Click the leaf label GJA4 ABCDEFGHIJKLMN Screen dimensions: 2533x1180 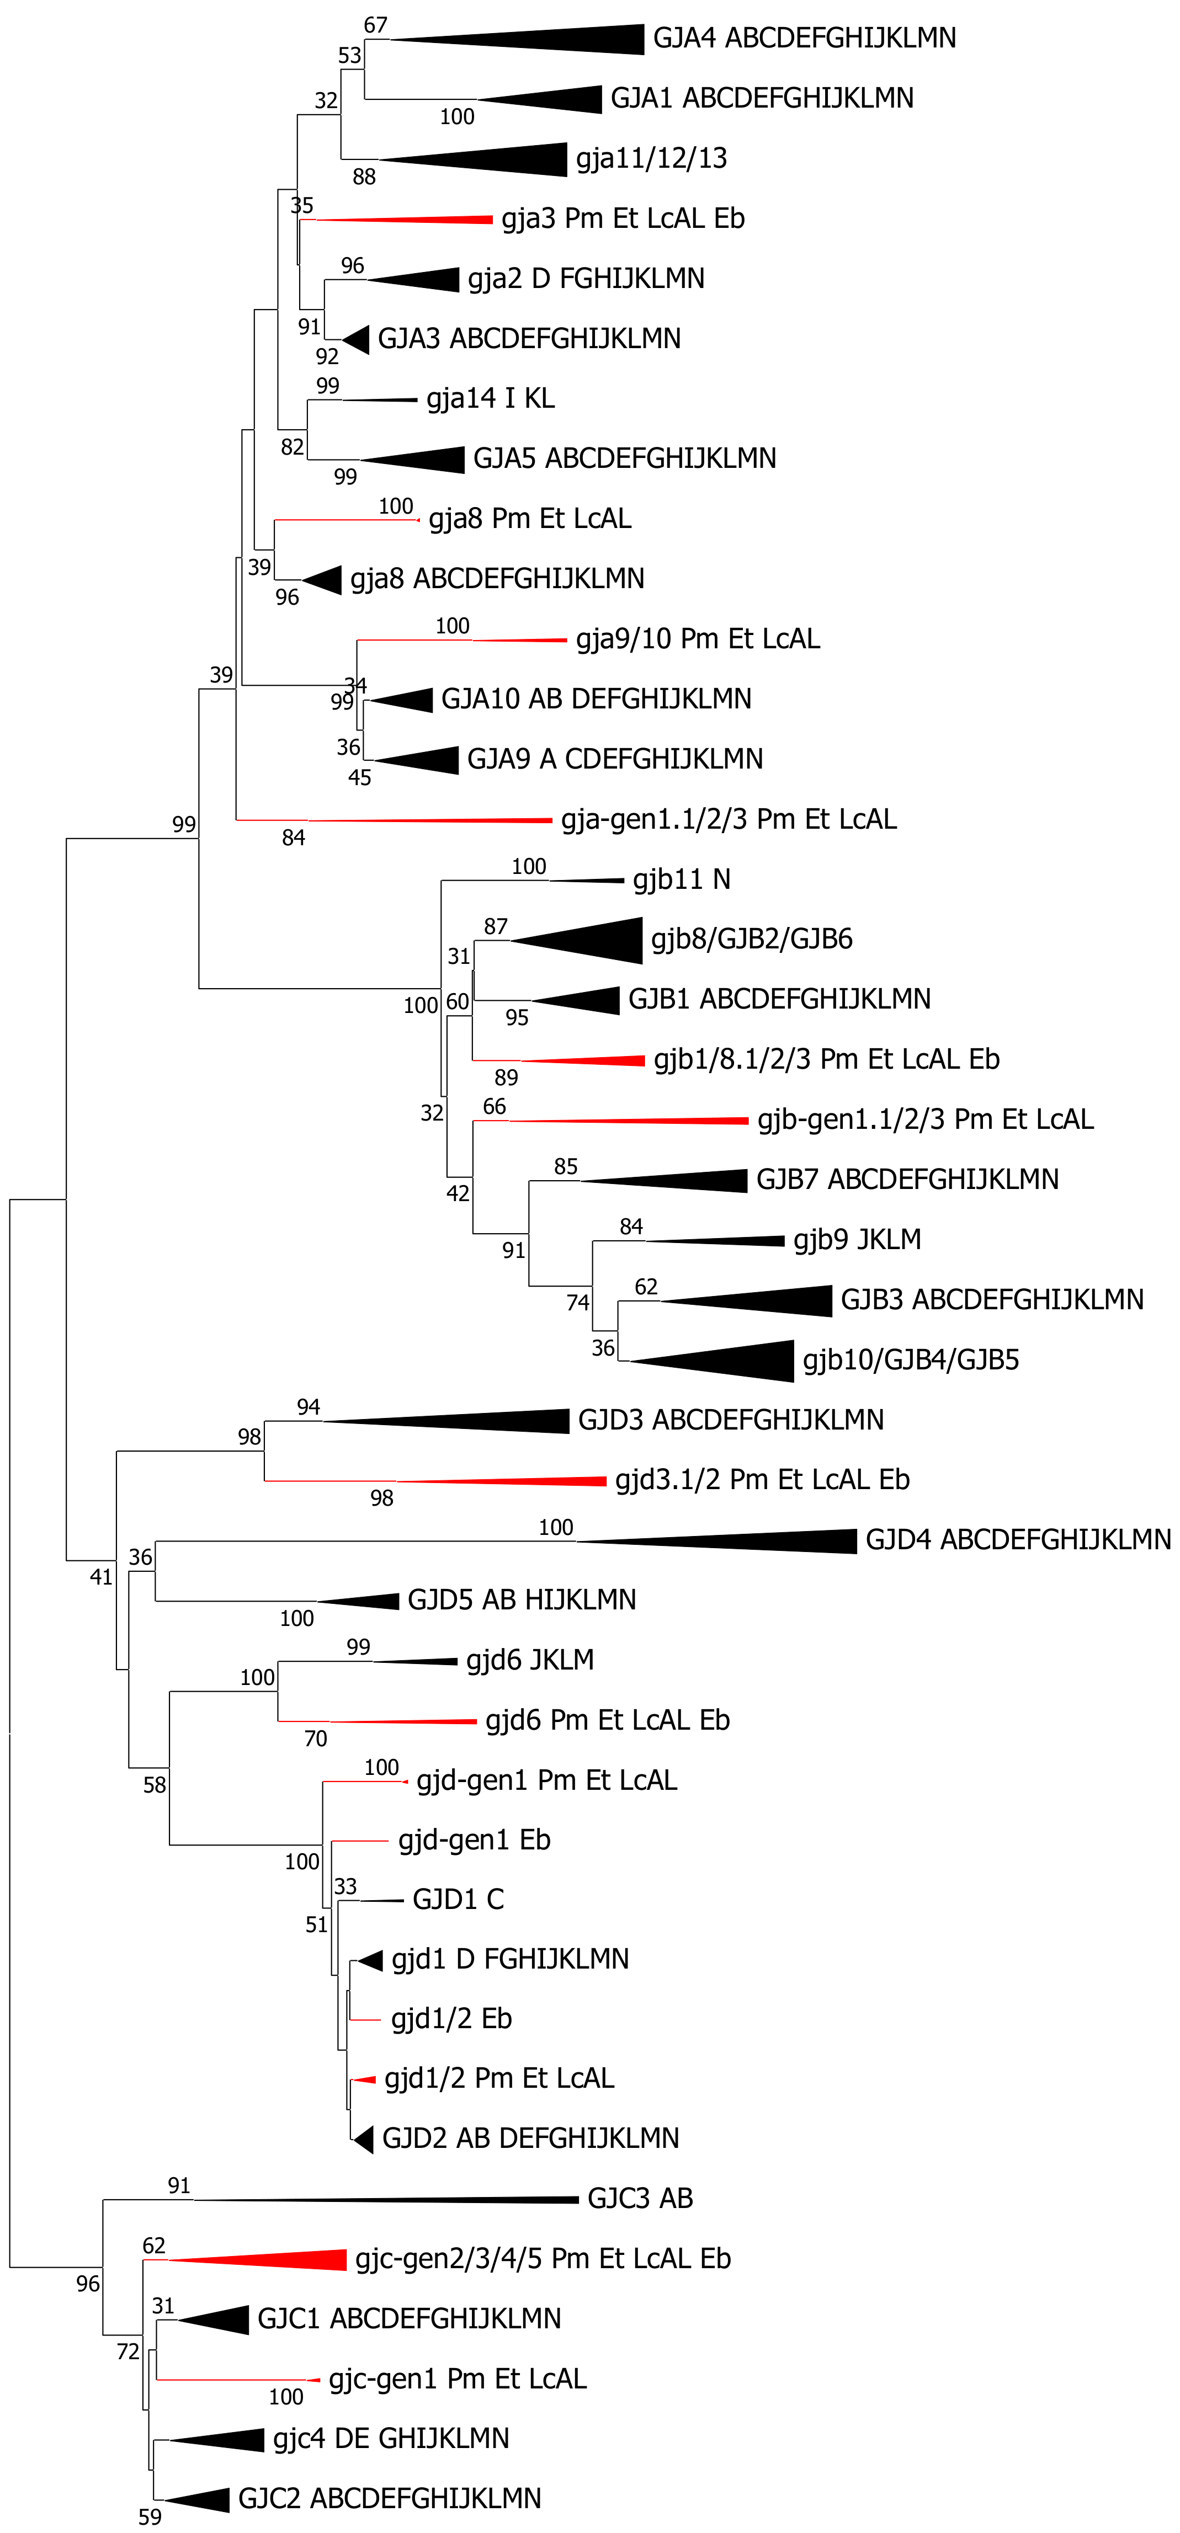[804, 39]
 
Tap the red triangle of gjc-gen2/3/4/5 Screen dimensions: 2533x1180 [285, 2260]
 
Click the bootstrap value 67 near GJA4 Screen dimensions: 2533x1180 [376, 25]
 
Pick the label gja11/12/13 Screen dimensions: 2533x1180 [651, 158]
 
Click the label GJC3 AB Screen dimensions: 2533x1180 [639, 2199]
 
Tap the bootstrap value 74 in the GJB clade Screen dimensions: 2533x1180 [577, 1302]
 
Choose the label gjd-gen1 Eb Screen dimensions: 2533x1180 [474, 1840]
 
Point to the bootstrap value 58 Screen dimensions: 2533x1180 [155, 1785]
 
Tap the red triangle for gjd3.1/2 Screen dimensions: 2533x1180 [531, 1481]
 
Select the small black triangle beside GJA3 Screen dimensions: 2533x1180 [358, 339]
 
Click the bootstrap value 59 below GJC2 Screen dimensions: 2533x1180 [150, 2517]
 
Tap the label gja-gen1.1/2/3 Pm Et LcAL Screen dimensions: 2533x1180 [729, 819]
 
